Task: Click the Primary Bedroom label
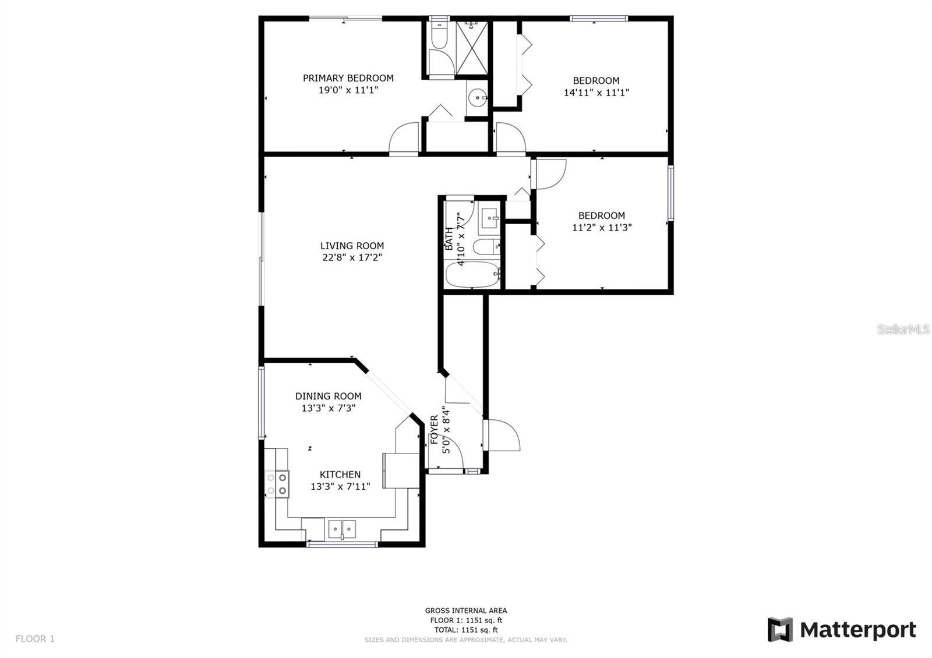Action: [348, 78]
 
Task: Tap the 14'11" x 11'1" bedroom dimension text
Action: [596, 92]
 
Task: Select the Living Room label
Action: [352, 246]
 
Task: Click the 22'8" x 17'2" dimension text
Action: [352, 257]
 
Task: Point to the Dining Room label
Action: [328, 396]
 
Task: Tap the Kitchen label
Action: [340, 475]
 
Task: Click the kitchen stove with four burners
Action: [277, 484]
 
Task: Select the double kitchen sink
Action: [342, 529]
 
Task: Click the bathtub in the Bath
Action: [472, 275]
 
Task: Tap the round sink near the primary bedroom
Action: [477, 97]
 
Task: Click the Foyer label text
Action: [434, 429]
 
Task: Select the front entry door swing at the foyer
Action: [502, 435]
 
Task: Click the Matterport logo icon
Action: [780, 629]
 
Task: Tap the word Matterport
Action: [857, 630]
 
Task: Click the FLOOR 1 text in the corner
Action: [35, 639]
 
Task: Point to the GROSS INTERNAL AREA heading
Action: [465, 611]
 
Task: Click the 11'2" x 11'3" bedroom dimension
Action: [601, 228]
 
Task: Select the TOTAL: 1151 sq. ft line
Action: [465, 630]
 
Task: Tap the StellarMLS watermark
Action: [903, 330]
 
